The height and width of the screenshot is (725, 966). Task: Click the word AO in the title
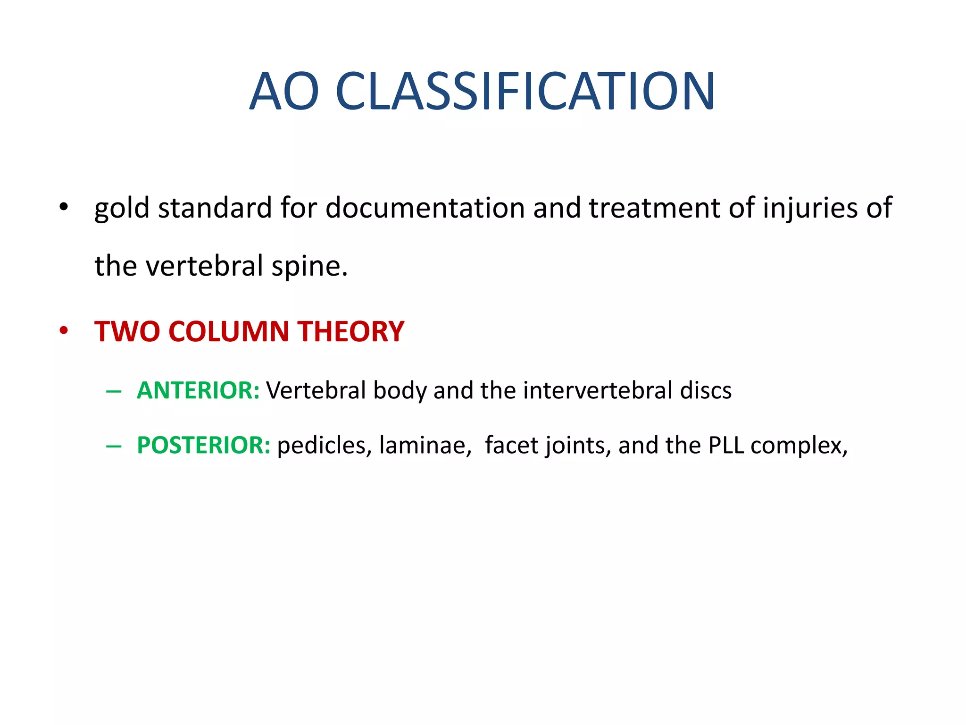(x=284, y=91)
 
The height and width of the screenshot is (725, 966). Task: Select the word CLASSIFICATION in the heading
(x=525, y=91)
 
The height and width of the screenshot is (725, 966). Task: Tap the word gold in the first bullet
(x=122, y=209)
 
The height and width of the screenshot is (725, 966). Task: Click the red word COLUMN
(x=229, y=331)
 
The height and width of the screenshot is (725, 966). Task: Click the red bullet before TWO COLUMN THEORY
(x=64, y=331)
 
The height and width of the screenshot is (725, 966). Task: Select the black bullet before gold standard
(x=64, y=208)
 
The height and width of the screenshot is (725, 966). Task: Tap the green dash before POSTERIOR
(x=114, y=446)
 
